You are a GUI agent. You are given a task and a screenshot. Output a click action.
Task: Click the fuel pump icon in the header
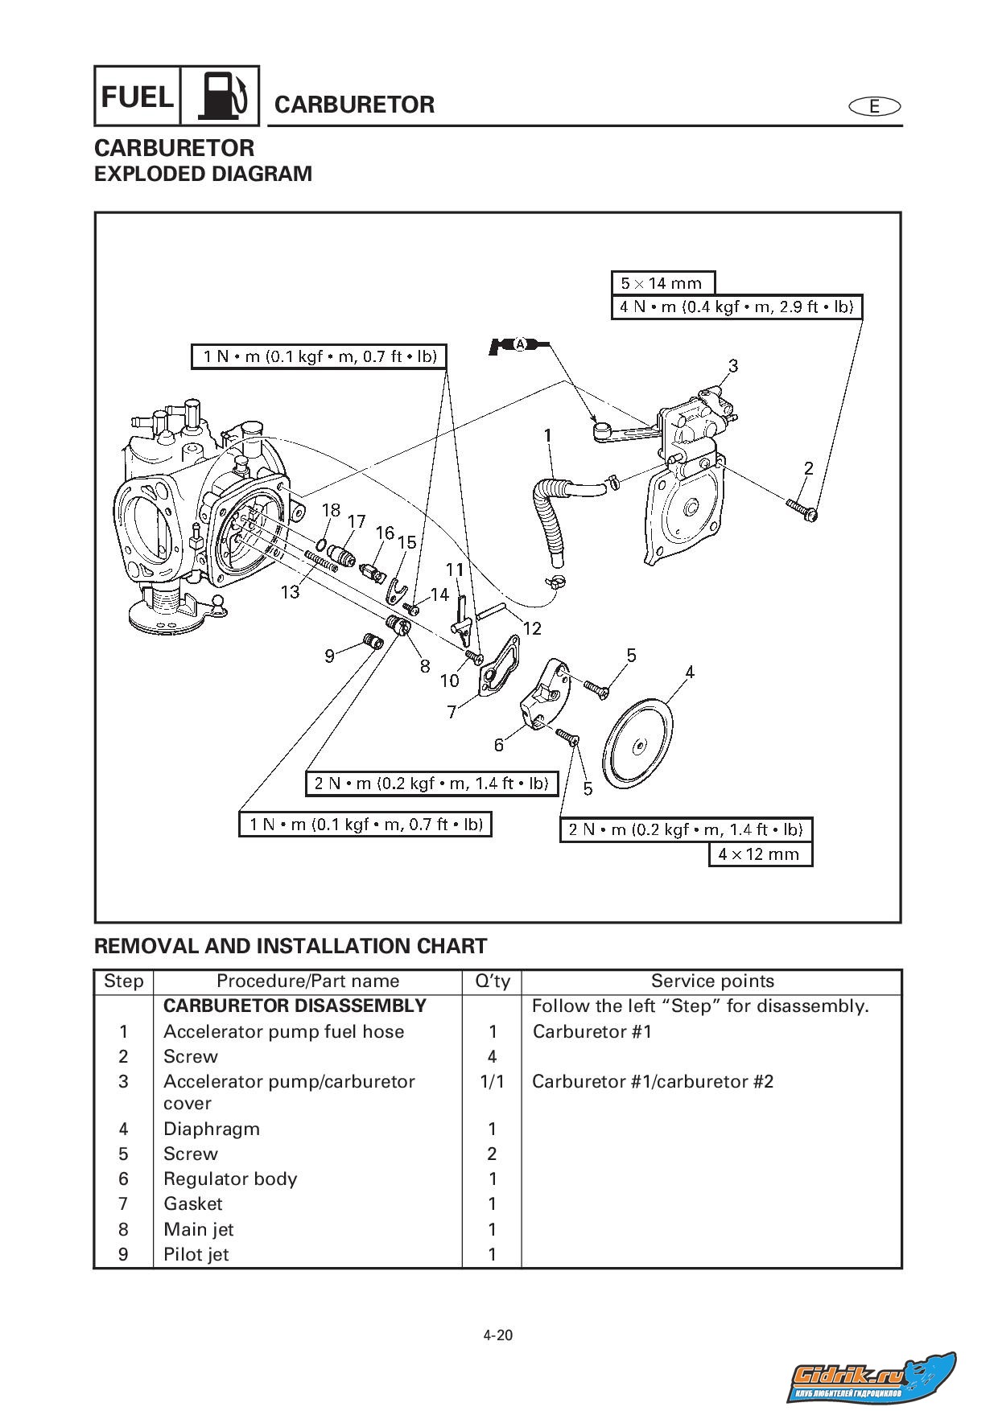(219, 96)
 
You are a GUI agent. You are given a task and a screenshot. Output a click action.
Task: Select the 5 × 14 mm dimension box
(662, 283)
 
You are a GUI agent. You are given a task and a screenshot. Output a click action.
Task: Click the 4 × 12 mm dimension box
(760, 854)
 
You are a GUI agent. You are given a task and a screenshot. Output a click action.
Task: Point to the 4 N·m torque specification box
(736, 306)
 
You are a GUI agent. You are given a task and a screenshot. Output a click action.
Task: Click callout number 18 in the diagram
(331, 510)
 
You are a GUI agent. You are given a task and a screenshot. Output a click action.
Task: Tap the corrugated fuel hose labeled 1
(551, 505)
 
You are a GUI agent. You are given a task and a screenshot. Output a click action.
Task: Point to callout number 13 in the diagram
(290, 592)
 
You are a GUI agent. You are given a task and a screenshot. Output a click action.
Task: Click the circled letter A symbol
(520, 344)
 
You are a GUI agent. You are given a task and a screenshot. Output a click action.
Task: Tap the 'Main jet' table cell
(199, 1229)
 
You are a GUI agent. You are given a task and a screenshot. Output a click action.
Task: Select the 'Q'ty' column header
(492, 981)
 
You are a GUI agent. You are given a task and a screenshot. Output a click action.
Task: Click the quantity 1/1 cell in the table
(492, 1081)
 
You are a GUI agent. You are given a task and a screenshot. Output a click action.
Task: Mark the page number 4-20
(498, 1335)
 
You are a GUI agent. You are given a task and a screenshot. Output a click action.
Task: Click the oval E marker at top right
(874, 106)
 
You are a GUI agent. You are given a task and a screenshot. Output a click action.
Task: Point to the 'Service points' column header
(712, 981)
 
